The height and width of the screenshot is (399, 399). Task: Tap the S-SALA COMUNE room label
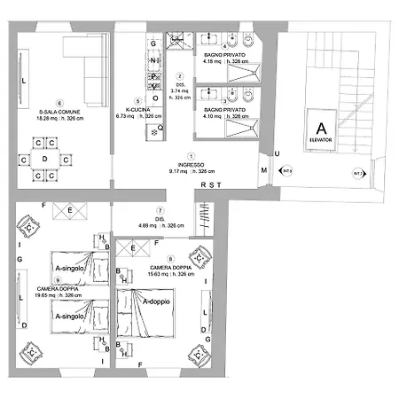pyautogui.click(x=60, y=111)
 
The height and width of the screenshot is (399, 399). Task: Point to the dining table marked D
pyautogui.click(x=44, y=159)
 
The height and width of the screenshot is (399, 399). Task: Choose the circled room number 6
pyautogui.click(x=60, y=101)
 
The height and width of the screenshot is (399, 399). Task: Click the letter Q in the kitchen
pyautogui.click(x=160, y=127)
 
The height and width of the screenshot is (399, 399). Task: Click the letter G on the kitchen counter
pyautogui.click(x=153, y=43)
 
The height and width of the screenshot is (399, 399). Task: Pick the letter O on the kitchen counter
pyautogui.click(x=155, y=86)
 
